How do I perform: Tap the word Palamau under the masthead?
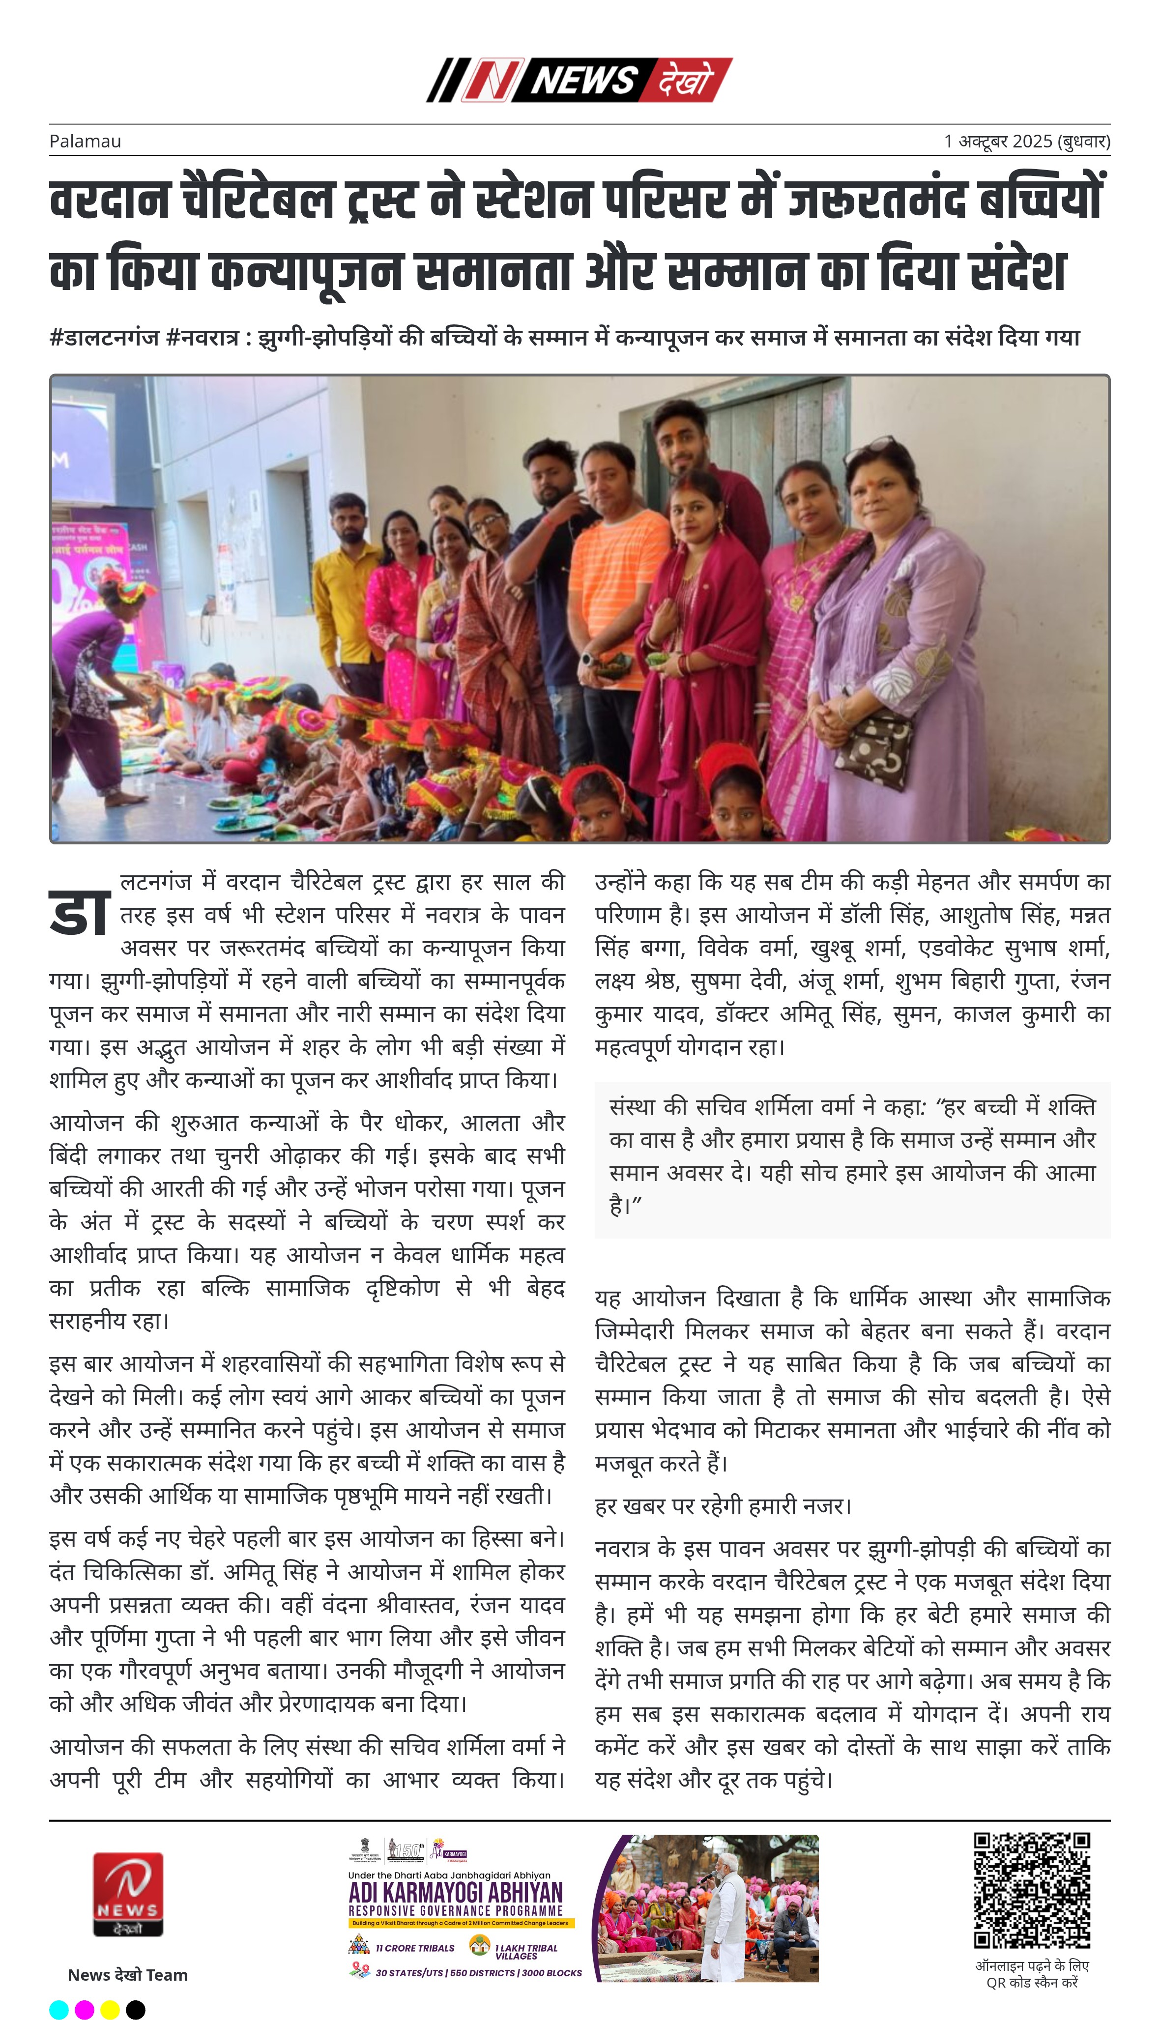[x=85, y=142]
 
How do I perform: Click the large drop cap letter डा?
[x=79, y=913]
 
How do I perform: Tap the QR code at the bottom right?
[x=1032, y=1891]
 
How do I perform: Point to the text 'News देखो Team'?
[x=127, y=1975]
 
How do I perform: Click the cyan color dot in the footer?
[x=59, y=2010]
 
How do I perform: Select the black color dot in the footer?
[x=136, y=2010]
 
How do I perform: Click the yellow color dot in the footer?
[x=110, y=2010]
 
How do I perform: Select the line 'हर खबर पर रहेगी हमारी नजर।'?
[x=723, y=1506]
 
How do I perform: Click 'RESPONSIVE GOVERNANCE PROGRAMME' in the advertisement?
[x=456, y=1910]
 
